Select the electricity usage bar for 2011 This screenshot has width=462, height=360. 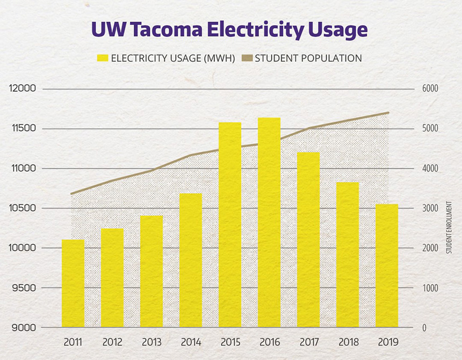coord(73,283)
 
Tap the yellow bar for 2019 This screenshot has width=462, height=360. coord(387,265)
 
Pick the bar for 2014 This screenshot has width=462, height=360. coord(191,260)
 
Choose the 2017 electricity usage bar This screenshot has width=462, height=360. coord(308,240)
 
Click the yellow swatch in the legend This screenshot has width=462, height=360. coord(102,58)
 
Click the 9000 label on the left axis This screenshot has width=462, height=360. coord(23,328)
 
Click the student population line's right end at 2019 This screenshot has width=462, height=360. coord(388,113)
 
